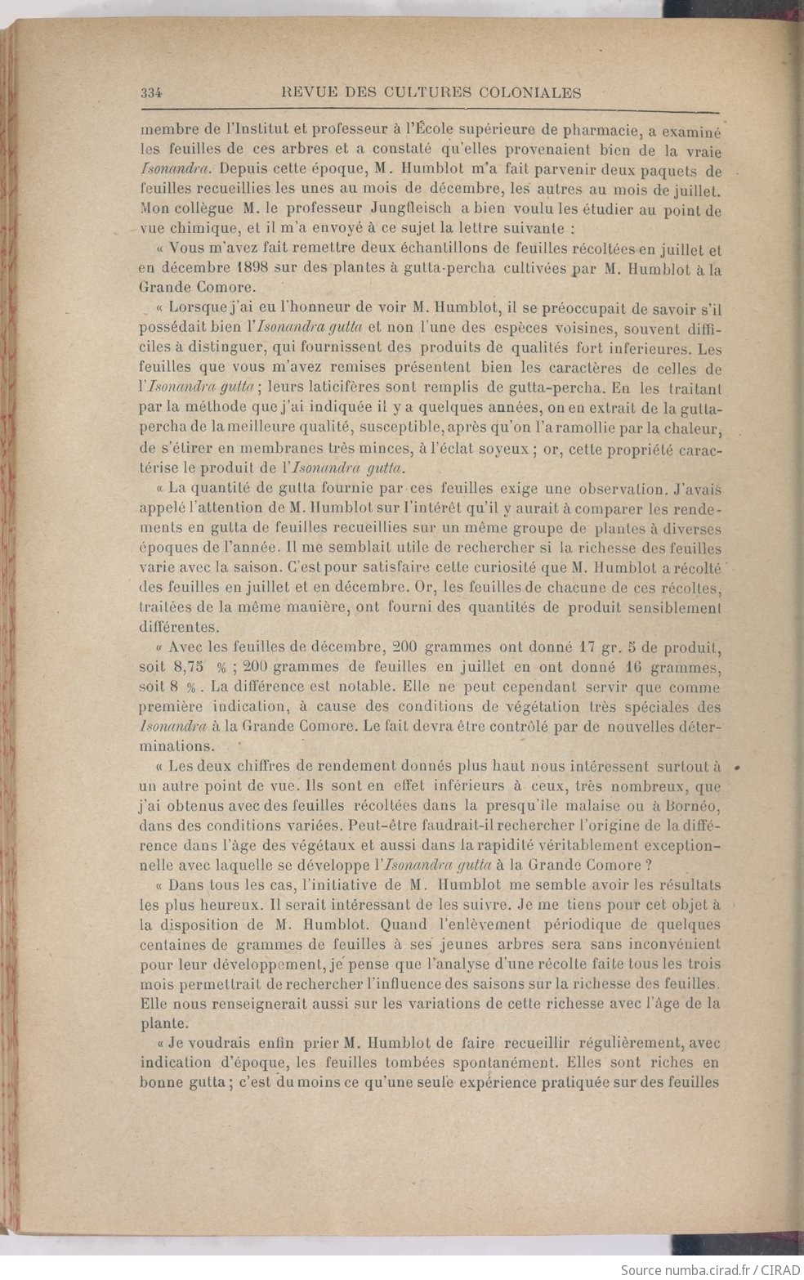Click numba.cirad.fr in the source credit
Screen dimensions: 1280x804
tap(700, 1269)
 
